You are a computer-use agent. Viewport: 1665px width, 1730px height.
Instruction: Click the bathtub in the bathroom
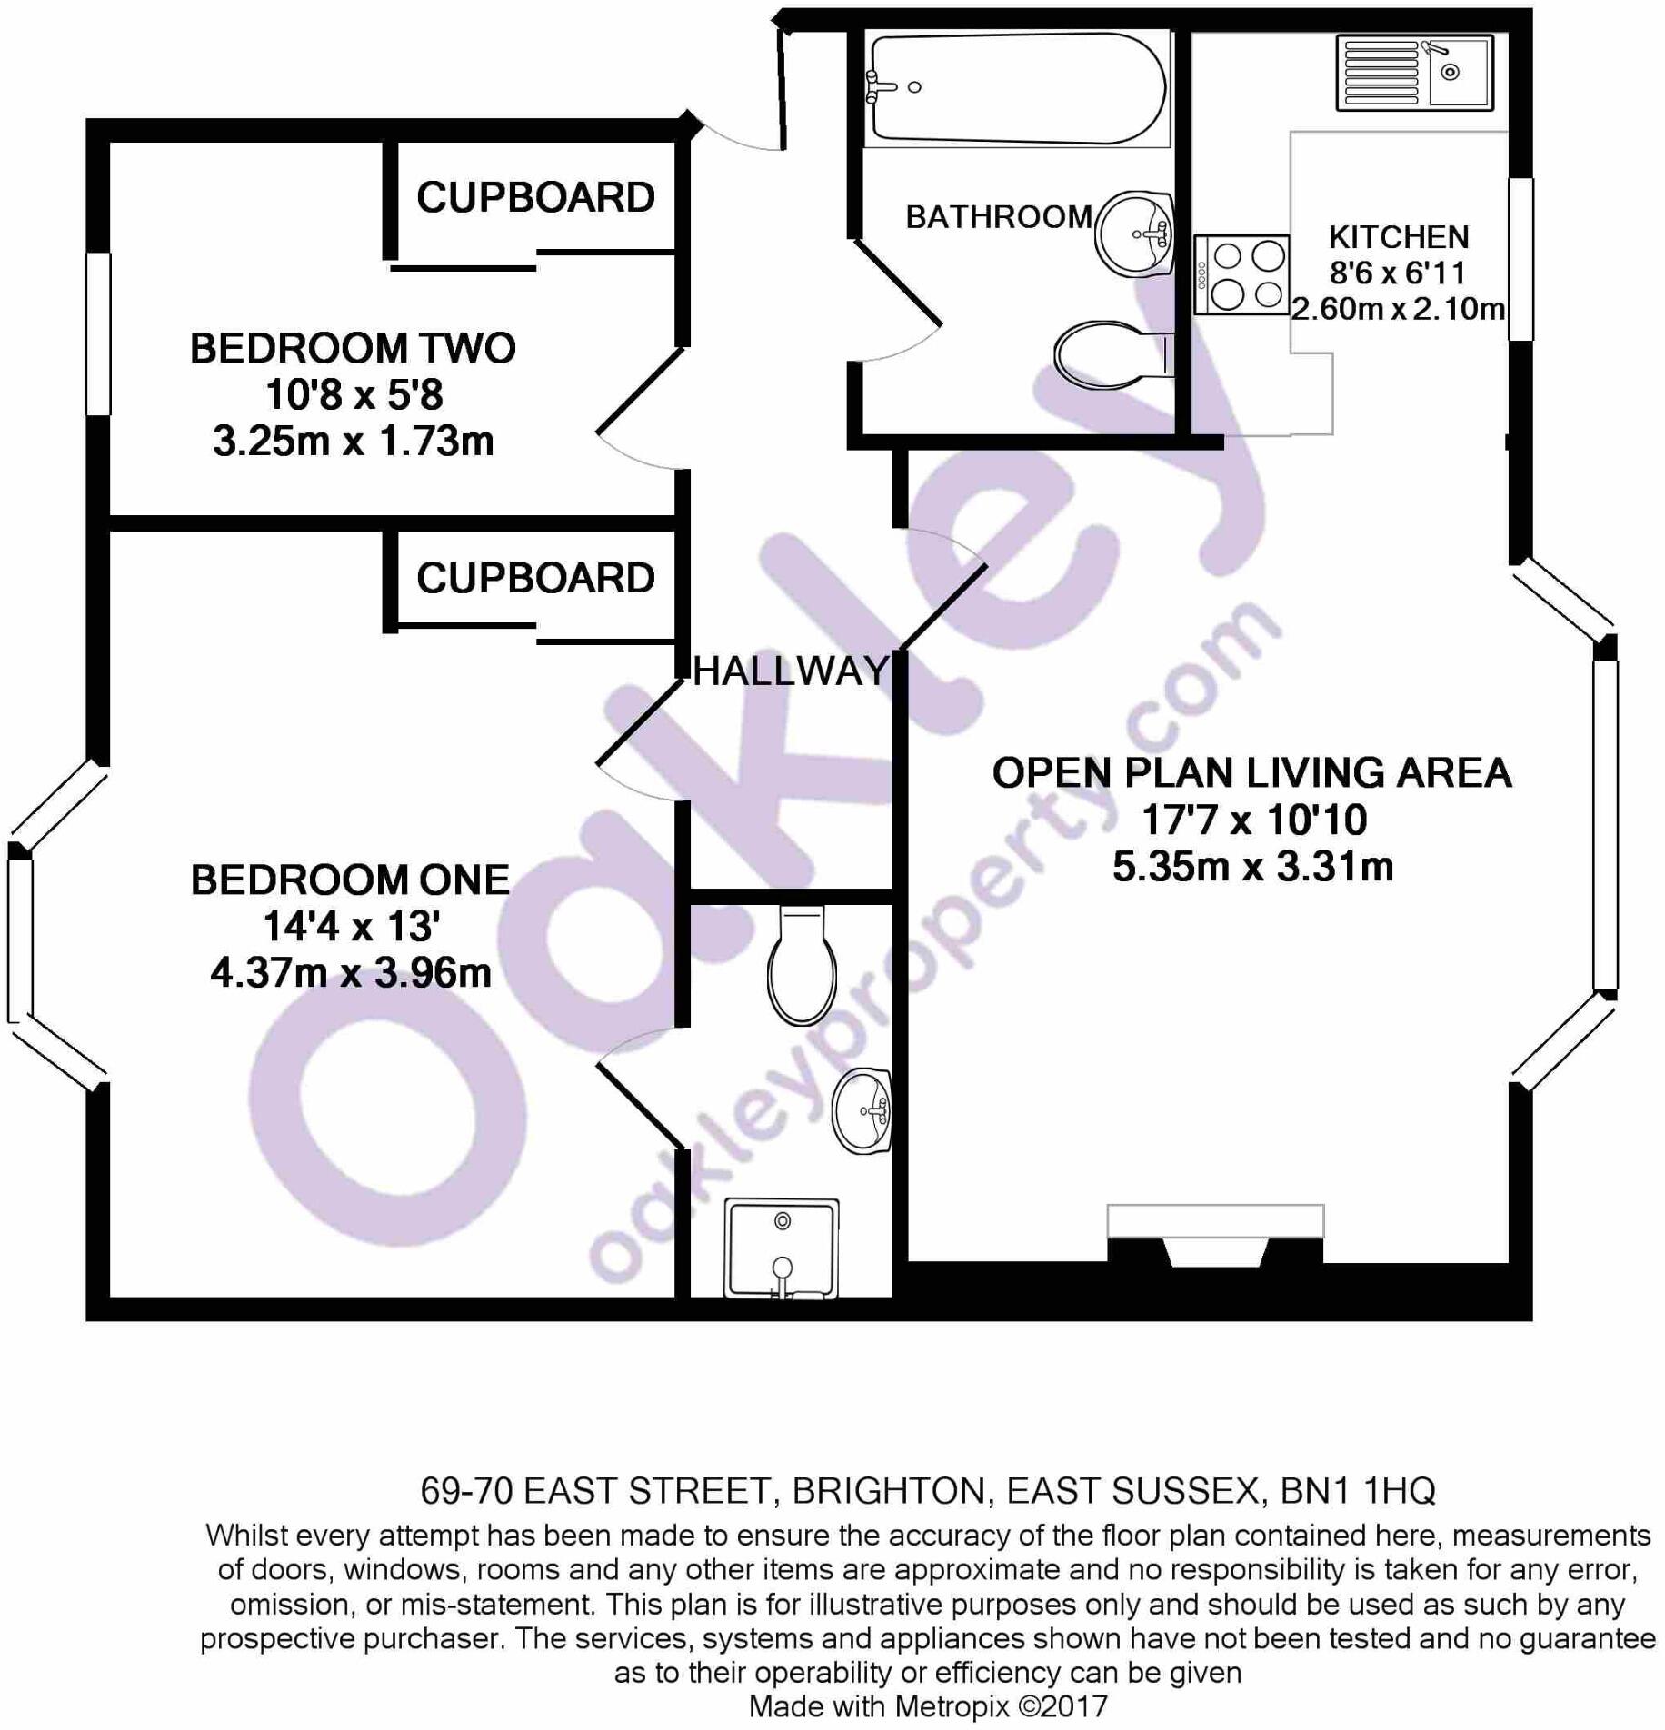(1016, 88)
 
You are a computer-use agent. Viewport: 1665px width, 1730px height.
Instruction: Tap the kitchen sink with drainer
(1414, 73)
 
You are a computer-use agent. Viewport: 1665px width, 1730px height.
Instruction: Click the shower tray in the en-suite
(782, 1248)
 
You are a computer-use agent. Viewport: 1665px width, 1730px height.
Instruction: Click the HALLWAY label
(791, 671)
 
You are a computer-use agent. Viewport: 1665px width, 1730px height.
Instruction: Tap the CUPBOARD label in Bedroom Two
(535, 197)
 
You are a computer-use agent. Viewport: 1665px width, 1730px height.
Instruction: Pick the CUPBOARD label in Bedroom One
(535, 578)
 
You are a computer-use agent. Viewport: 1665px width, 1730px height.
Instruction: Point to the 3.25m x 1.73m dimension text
(354, 442)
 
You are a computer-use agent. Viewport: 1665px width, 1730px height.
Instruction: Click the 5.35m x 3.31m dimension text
(1252, 867)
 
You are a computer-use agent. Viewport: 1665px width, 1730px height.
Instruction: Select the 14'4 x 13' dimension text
(352, 927)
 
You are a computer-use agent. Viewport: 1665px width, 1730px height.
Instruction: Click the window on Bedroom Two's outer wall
(98, 333)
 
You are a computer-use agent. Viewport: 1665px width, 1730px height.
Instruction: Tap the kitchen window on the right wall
(1520, 259)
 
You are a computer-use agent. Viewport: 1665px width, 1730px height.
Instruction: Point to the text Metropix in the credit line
(954, 1706)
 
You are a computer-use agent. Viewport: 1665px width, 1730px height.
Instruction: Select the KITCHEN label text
(1398, 237)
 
